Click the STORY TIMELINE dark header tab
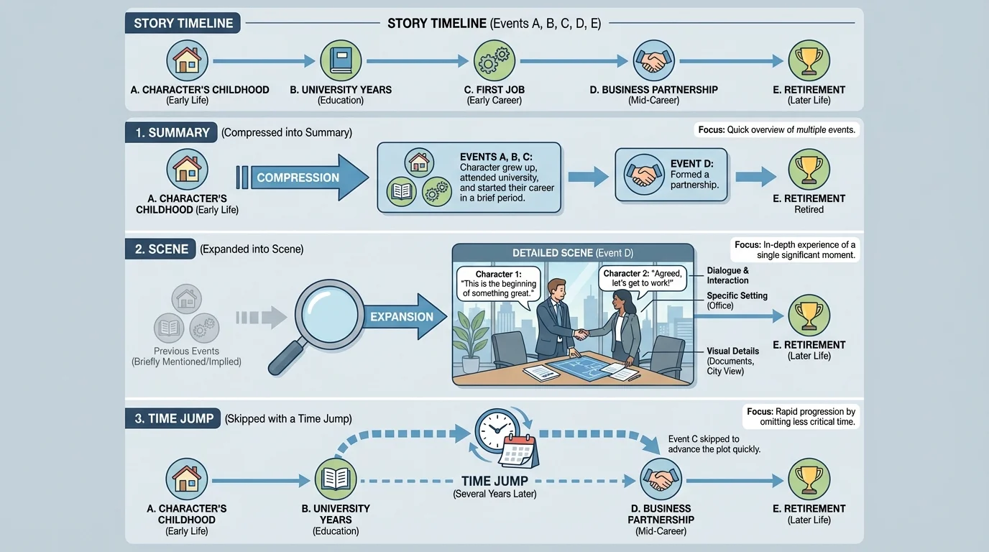[183, 23]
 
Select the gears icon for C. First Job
[494, 60]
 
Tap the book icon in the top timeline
[341, 60]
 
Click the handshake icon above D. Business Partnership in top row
[653, 60]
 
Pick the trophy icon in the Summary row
[809, 170]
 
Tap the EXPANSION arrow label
[401, 317]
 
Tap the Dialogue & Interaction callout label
[727, 276]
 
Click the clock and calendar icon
[507, 438]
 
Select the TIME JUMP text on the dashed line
[494, 481]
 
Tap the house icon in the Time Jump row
[187, 479]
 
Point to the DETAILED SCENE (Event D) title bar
[573, 253]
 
